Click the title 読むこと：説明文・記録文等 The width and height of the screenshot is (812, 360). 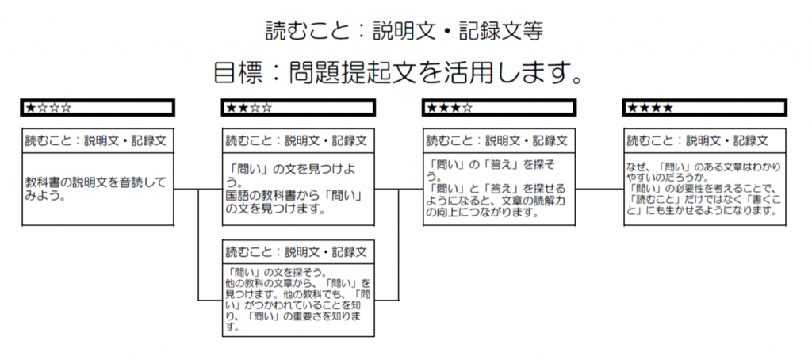(x=404, y=31)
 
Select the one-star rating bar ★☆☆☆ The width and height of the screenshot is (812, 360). (x=98, y=108)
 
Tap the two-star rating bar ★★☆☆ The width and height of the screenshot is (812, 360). (x=298, y=108)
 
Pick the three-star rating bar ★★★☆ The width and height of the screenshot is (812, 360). (x=499, y=108)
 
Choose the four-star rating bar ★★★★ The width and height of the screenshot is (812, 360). (x=704, y=108)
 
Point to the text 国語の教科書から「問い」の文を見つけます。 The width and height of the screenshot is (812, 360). (x=294, y=203)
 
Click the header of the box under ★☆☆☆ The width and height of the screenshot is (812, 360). (x=98, y=140)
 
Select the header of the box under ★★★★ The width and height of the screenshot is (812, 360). (x=704, y=140)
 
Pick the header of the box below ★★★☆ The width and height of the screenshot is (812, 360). (x=499, y=140)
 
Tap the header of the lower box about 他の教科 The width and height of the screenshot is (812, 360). (x=298, y=251)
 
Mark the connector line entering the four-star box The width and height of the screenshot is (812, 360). (x=599, y=189)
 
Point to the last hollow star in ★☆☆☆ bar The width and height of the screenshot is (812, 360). (x=66, y=108)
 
